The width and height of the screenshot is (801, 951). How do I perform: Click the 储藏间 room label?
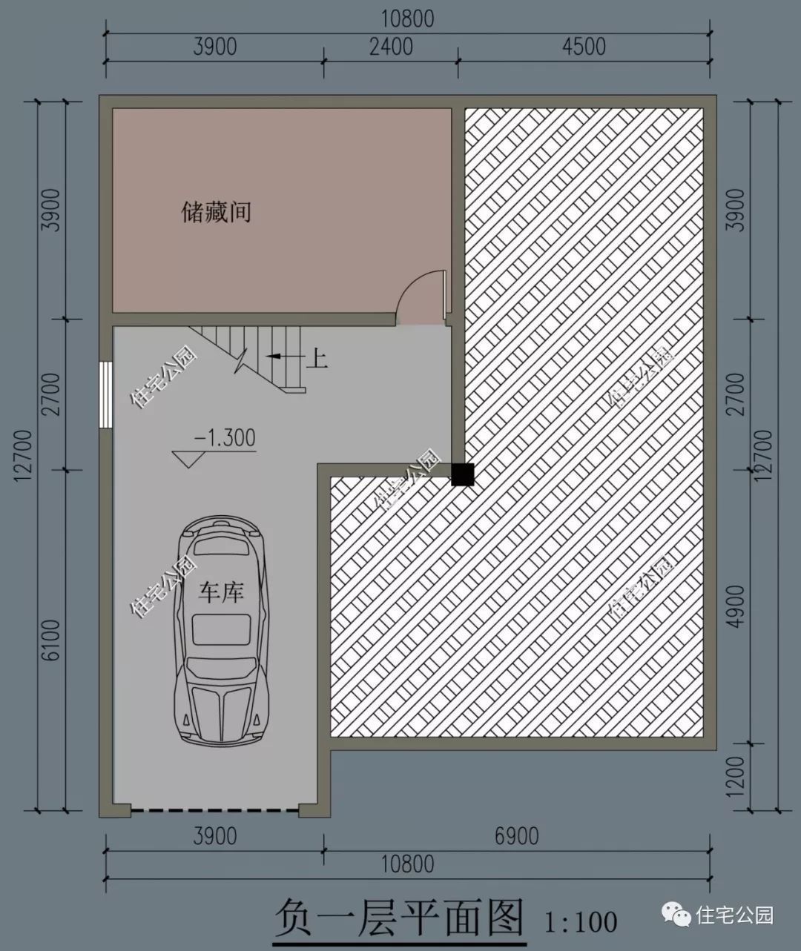click(x=217, y=213)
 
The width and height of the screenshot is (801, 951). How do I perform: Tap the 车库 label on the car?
click(x=222, y=592)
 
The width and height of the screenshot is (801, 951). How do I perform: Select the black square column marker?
click(x=463, y=474)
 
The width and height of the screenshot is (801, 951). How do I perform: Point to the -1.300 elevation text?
click(x=225, y=437)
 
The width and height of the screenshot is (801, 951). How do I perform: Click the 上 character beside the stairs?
click(x=317, y=359)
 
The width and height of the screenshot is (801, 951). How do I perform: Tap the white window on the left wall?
click(x=106, y=394)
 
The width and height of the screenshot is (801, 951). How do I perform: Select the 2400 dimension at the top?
click(x=391, y=46)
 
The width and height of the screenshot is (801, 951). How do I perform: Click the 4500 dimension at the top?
click(x=584, y=46)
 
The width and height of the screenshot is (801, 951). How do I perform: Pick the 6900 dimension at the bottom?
click(x=516, y=836)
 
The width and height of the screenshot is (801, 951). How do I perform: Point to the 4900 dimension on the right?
click(x=735, y=606)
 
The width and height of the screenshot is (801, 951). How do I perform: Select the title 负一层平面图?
click(x=399, y=919)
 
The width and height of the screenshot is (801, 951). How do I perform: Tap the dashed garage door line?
click(x=215, y=812)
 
